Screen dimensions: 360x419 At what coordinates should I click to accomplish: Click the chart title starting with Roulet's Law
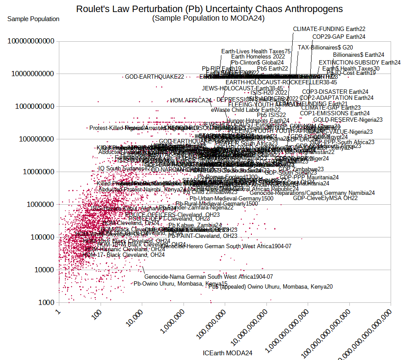coord(209,9)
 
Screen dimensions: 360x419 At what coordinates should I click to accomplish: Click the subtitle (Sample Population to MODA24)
coord(208,18)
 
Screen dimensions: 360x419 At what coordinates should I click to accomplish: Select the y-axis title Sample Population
coord(34,19)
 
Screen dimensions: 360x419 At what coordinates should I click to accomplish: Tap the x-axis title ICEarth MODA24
coord(227,353)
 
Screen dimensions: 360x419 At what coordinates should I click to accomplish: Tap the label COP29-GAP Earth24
coord(339,37)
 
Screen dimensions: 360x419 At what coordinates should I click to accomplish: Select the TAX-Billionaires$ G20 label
coord(325,47)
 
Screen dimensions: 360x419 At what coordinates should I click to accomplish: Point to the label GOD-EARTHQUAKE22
coord(154,77)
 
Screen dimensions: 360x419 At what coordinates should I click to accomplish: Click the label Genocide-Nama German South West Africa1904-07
coord(208,277)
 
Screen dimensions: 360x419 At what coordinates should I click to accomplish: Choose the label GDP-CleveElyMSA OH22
coord(325,198)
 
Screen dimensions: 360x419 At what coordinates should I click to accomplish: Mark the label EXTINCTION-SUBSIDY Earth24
coord(359,62)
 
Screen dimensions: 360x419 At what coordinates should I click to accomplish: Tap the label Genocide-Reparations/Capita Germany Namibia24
coord(309,193)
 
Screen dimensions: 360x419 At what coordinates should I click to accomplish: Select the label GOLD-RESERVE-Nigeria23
coord(342,120)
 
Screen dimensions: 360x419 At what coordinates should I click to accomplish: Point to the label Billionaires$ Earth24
coord(358,55)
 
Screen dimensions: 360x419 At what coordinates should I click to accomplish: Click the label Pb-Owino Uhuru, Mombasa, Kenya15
coord(180,284)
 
